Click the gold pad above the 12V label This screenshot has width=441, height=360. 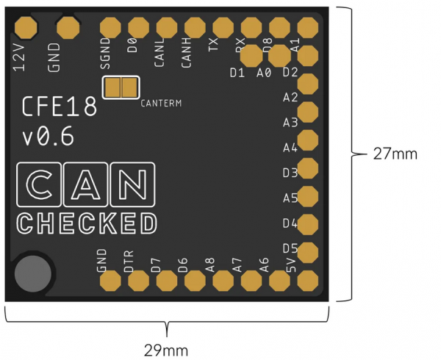click(27, 28)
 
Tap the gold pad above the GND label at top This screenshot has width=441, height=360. click(68, 28)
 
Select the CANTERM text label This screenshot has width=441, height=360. click(161, 103)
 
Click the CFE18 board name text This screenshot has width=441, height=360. click(60, 108)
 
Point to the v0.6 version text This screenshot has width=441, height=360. click(48, 137)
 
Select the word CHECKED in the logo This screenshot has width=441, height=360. click(87, 223)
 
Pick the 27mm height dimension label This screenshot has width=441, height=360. click(395, 154)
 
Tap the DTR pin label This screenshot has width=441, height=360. click(129, 261)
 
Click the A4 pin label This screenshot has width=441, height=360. click(290, 148)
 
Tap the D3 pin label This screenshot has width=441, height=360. click(290, 173)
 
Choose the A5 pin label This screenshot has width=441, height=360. click(290, 198)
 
